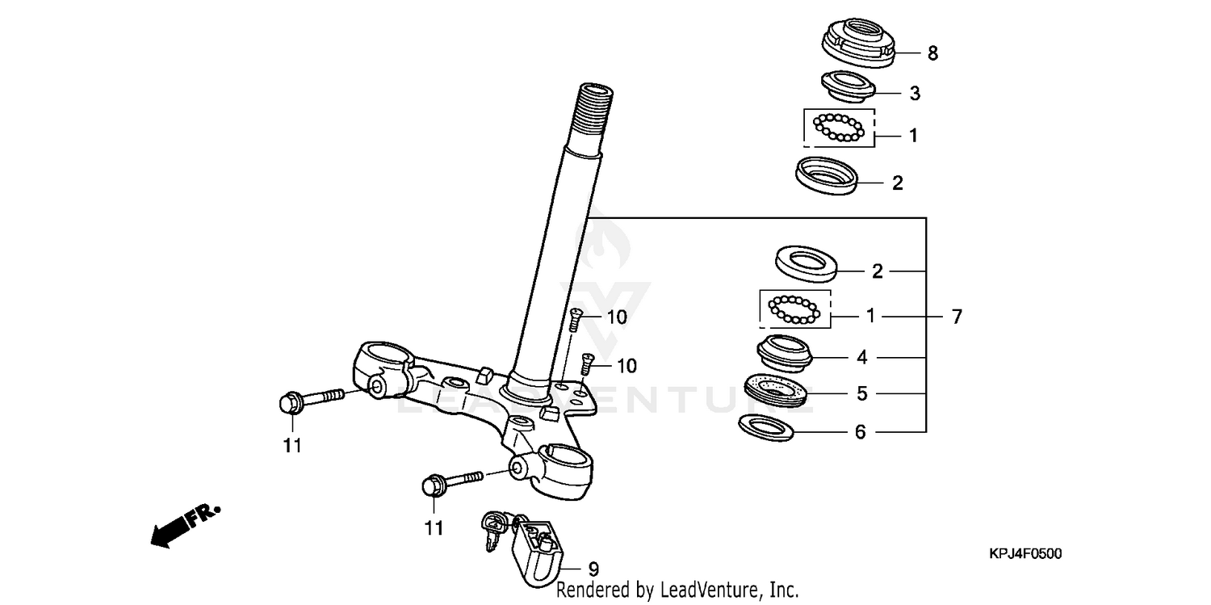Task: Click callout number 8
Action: [x=932, y=54]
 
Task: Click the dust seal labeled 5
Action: [x=776, y=389]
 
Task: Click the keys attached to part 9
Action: [x=494, y=528]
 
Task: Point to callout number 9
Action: [x=594, y=569]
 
